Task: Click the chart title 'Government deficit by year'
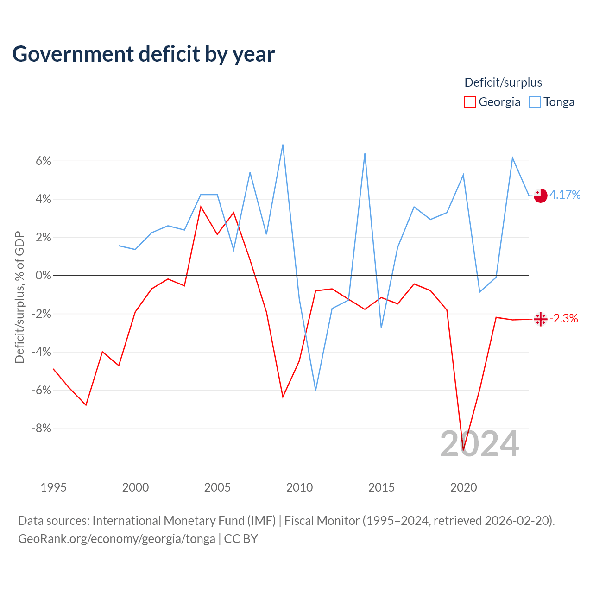(143, 54)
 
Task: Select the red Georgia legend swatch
(470, 102)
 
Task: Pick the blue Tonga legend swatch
(535, 102)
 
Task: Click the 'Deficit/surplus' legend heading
(503, 82)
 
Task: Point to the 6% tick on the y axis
(44, 161)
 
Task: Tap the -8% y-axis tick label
(41, 428)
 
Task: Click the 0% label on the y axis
(44, 275)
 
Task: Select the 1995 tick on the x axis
(54, 487)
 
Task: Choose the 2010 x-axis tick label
(299, 487)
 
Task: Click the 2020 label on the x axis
(463, 487)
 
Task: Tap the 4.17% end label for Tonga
(565, 195)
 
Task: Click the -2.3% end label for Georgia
(563, 318)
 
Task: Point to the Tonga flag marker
(540, 196)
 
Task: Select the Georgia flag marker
(540, 319)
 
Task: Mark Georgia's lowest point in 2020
(463, 450)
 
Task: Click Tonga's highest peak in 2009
(283, 145)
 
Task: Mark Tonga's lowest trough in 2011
(316, 390)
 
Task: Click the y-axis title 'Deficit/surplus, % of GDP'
(19, 297)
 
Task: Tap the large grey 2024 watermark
(480, 443)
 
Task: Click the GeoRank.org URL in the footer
(117, 538)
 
